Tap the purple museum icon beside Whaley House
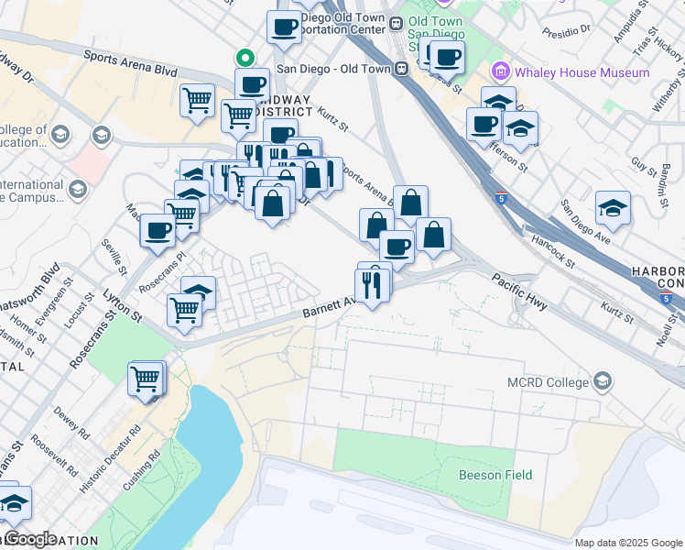500,71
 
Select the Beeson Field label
495,475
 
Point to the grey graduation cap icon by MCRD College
603,379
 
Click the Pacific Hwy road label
518,291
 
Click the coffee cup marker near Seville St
158,230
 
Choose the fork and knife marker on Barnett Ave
372,287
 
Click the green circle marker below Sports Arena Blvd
245,57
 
